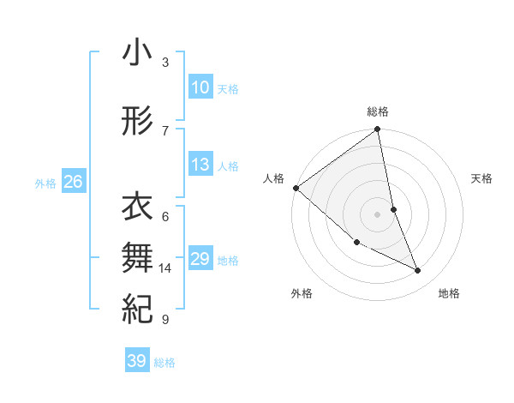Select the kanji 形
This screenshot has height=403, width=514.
tap(137, 122)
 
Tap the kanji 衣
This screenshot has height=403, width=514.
tap(137, 208)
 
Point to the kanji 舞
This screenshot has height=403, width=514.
tap(137, 256)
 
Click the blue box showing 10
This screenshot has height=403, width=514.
tap(200, 87)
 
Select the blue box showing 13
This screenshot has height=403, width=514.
tap(200, 165)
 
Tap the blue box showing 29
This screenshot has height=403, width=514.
tap(200, 259)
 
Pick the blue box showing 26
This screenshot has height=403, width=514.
tap(74, 182)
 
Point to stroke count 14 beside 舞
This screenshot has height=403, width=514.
tap(165, 268)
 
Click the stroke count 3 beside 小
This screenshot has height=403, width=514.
tap(165, 63)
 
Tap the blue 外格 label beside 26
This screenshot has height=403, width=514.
tap(45, 183)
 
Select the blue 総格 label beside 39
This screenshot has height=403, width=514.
tap(164, 363)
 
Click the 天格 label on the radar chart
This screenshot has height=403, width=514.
tap(482, 178)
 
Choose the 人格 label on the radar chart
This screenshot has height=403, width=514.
tap(274, 178)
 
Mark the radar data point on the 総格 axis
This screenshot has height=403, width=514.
tap(378, 130)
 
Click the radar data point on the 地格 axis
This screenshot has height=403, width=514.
tap(418, 270)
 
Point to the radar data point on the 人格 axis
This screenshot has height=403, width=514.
tap(296, 188)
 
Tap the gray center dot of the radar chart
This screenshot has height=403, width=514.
tap(378, 214)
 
